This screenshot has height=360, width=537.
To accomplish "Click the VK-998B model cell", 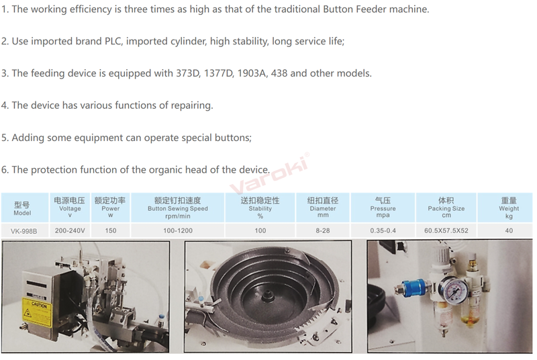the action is point(23,231).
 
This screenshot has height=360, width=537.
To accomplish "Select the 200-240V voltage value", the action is point(70,230).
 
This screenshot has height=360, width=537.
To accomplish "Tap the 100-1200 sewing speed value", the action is point(178,230).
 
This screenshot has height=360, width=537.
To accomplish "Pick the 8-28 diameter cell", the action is point(323,230).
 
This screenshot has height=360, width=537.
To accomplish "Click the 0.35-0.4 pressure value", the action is point(383,230).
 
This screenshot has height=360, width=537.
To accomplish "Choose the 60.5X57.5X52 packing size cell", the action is point(446,230).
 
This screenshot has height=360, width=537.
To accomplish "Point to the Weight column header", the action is point(509,208).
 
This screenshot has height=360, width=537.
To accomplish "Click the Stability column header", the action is point(260,208).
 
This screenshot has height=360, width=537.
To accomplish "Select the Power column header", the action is point(110,208).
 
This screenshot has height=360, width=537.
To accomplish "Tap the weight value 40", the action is point(509,230).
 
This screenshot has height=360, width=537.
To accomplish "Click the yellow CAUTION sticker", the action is point(37,312).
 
